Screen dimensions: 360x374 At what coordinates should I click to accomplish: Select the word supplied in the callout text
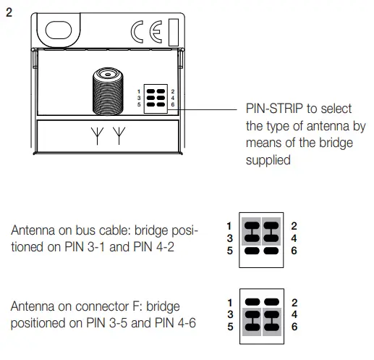click(x=268, y=160)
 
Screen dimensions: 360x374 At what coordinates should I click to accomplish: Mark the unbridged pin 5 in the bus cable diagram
click(x=252, y=250)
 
